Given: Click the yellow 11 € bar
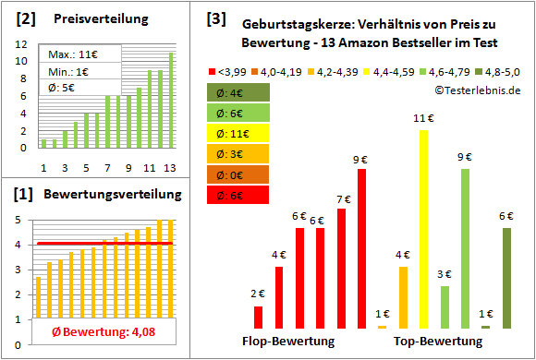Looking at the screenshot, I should point(424,229).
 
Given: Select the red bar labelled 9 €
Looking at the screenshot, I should point(362,248).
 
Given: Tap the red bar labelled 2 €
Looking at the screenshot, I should point(258,317).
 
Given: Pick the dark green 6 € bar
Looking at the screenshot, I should point(506,278).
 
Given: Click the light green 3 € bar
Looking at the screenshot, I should point(445,306).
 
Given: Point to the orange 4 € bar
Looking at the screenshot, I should point(403,296).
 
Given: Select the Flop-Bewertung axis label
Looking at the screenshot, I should point(288,342).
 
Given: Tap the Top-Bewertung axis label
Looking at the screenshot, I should point(438,342).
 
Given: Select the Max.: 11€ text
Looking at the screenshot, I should point(75,54).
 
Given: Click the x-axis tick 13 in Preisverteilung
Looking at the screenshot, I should point(170,167).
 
